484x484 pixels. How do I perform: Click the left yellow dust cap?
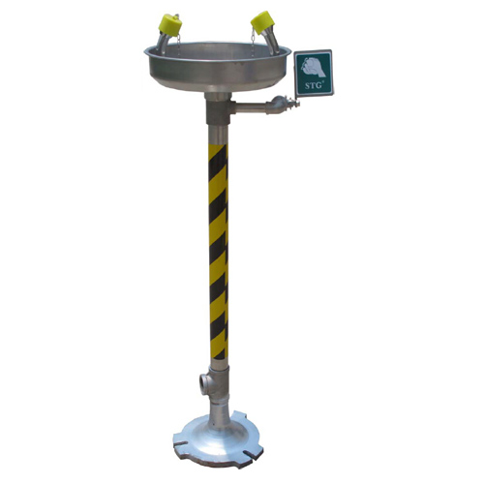click(x=170, y=24)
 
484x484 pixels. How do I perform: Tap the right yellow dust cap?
click(x=262, y=21)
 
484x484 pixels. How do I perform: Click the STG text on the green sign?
click(x=311, y=86)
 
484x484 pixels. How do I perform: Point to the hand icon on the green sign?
click(x=313, y=67)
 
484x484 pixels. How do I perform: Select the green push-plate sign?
click(x=313, y=73)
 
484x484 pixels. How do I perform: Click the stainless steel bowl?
click(x=217, y=67)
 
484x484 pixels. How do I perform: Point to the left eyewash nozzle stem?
click(x=162, y=44)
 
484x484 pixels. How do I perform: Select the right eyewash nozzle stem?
click(x=271, y=42)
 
